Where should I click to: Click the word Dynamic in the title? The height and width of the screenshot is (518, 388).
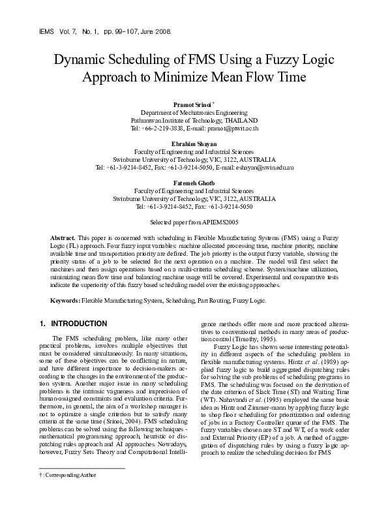pos(80,60)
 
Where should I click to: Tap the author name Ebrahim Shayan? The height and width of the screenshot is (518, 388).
pos(194,143)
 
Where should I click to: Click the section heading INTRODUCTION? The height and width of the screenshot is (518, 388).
pos(79,324)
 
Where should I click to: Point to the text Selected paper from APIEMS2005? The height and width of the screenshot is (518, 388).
pos(194,222)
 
